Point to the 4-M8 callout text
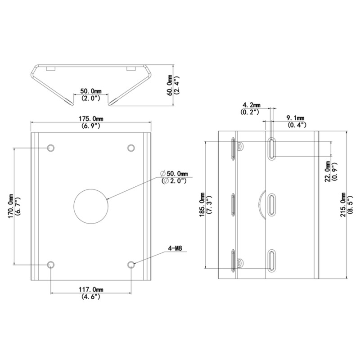click(175, 248)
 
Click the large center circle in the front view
click(91, 206)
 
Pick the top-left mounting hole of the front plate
click(51, 148)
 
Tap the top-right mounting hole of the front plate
click(131, 148)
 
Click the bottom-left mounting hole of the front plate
click(51, 265)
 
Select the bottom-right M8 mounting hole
click(131, 265)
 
